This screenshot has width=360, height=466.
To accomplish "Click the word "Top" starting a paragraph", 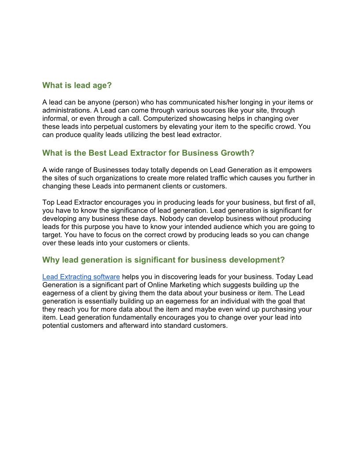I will click(48, 203).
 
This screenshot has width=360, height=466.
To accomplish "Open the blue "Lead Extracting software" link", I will click(81, 277).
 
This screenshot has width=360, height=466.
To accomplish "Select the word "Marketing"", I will click(164, 285).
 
